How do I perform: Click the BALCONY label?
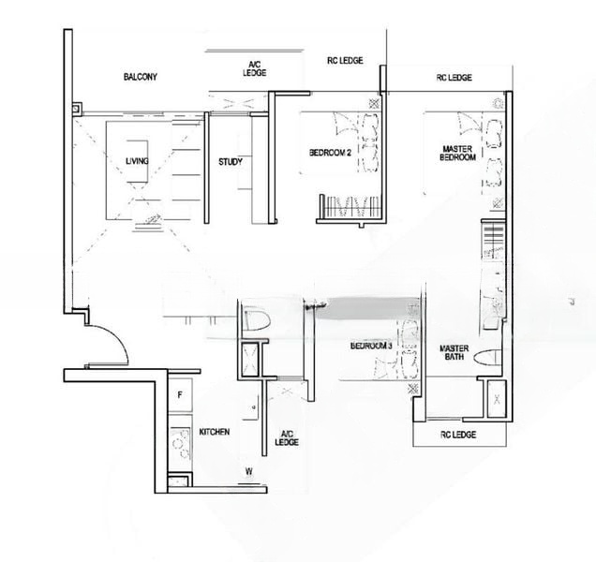click(x=140, y=77)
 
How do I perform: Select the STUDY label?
click(x=231, y=162)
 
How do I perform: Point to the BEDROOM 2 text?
click(x=330, y=153)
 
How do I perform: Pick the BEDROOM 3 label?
click(x=371, y=346)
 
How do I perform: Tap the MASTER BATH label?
click(x=454, y=353)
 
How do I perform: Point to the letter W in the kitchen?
click(x=248, y=471)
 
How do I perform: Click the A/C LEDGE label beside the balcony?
click(x=254, y=67)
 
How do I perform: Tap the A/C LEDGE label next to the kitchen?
click(x=289, y=437)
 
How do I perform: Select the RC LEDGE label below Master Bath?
click(x=458, y=435)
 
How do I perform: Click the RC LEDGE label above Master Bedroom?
click(x=454, y=78)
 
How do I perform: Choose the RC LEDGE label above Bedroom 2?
click(x=345, y=61)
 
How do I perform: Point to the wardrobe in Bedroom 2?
click(x=350, y=206)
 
